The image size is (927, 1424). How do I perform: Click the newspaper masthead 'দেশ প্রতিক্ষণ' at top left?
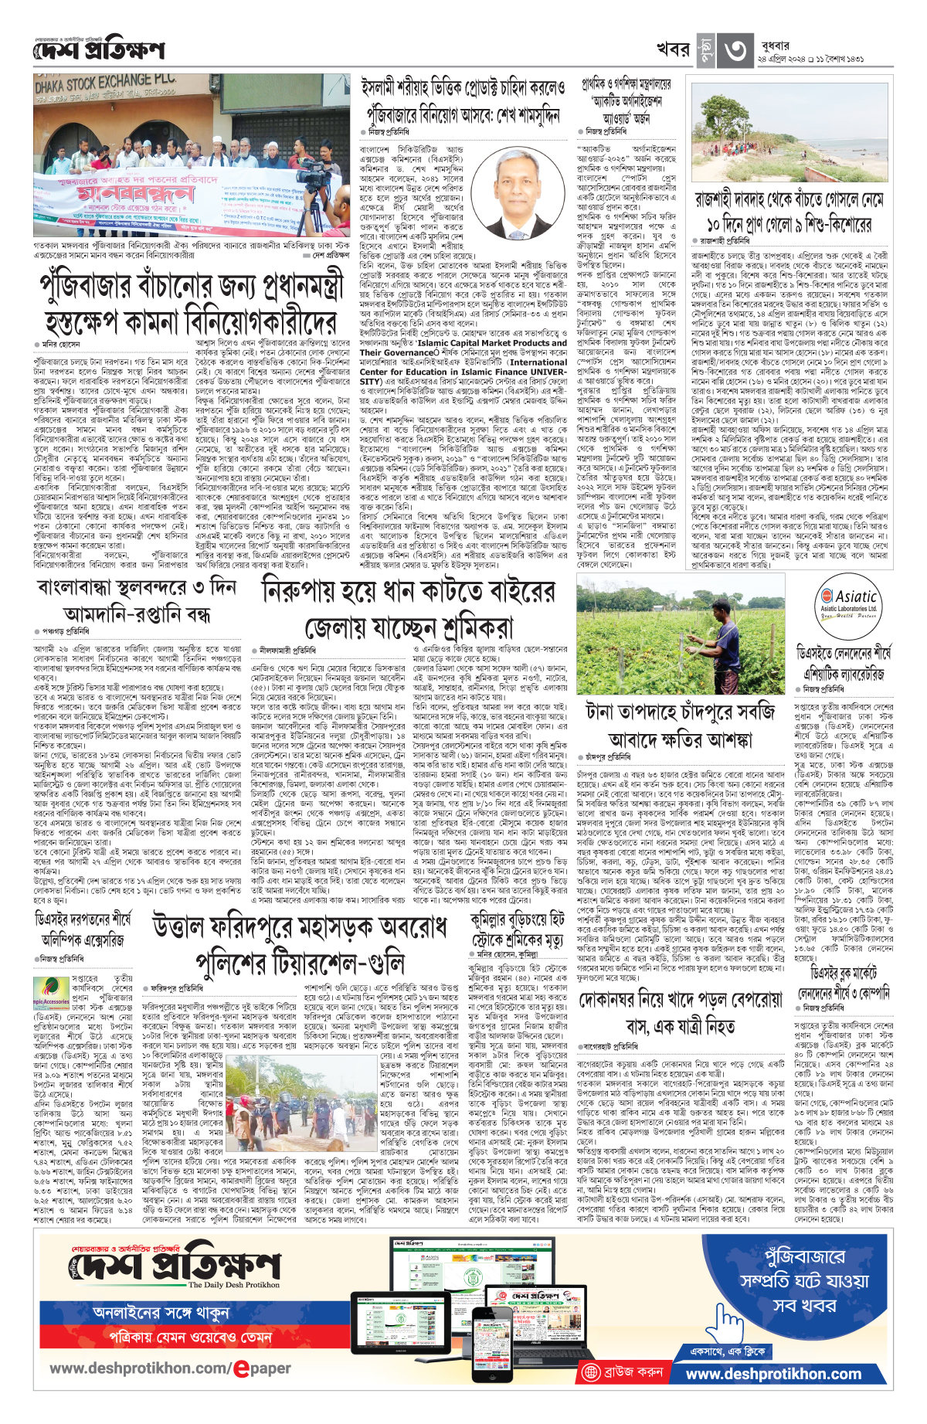pyautogui.click(x=99, y=49)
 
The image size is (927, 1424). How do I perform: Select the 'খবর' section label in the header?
pyautogui.click(x=672, y=50)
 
